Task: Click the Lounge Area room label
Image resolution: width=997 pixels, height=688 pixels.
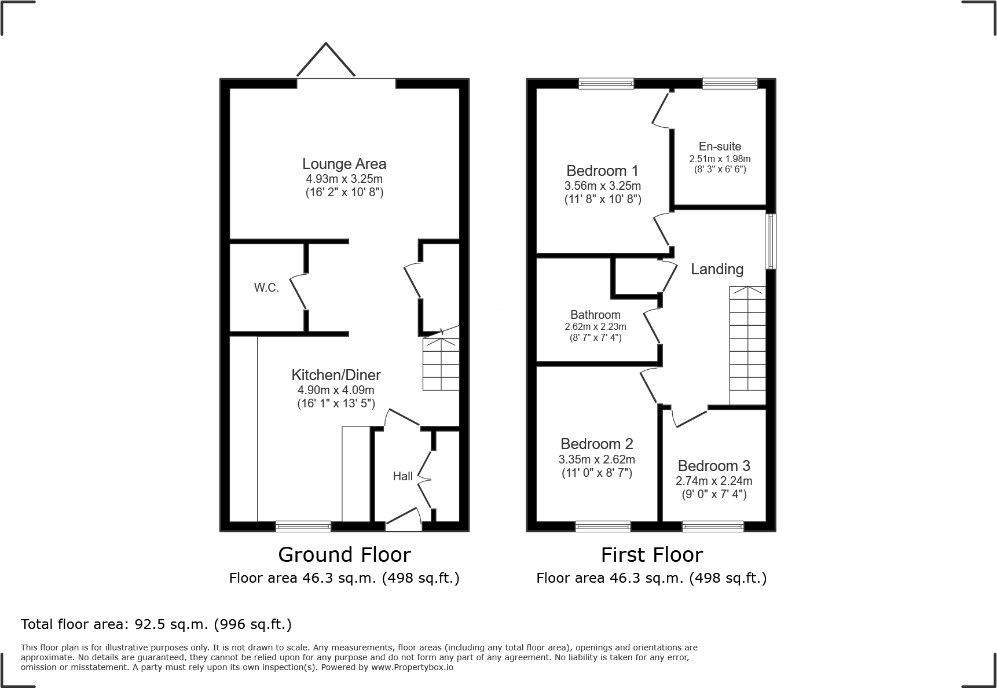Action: [x=344, y=164]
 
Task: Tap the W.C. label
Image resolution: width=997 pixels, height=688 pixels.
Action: [x=266, y=288]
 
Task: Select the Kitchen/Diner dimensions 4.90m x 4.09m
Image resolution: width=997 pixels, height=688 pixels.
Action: [x=336, y=390]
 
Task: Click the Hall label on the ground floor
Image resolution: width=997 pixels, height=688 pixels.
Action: [x=402, y=476]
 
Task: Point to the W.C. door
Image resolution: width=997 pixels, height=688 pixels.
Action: [x=298, y=291]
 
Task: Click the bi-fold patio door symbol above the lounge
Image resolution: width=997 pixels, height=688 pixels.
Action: [x=326, y=60]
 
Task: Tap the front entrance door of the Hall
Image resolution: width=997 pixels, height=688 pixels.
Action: [x=403, y=518]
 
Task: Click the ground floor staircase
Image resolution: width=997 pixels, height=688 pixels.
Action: [x=441, y=365]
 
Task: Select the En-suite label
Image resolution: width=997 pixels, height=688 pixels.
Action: [x=719, y=146]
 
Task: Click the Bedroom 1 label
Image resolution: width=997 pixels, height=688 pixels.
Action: [x=602, y=171]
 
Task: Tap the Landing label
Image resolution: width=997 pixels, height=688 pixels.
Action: [x=717, y=269]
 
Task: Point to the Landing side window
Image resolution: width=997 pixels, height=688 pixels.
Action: [x=771, y=242]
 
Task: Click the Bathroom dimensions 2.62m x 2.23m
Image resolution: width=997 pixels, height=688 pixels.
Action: [x=595, y=326]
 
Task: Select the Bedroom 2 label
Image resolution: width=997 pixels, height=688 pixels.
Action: [x=596, y=444]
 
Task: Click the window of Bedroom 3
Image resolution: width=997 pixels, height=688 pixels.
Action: [x=713, y=526]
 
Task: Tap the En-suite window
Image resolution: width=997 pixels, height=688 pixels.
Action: [x=730, y=84]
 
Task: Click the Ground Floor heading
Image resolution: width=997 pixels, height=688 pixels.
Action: [x=344, y=555]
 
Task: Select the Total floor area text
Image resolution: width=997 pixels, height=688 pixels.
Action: [x=156, y=624]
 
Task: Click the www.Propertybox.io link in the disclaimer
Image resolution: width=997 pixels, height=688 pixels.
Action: [x=412, y=667]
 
